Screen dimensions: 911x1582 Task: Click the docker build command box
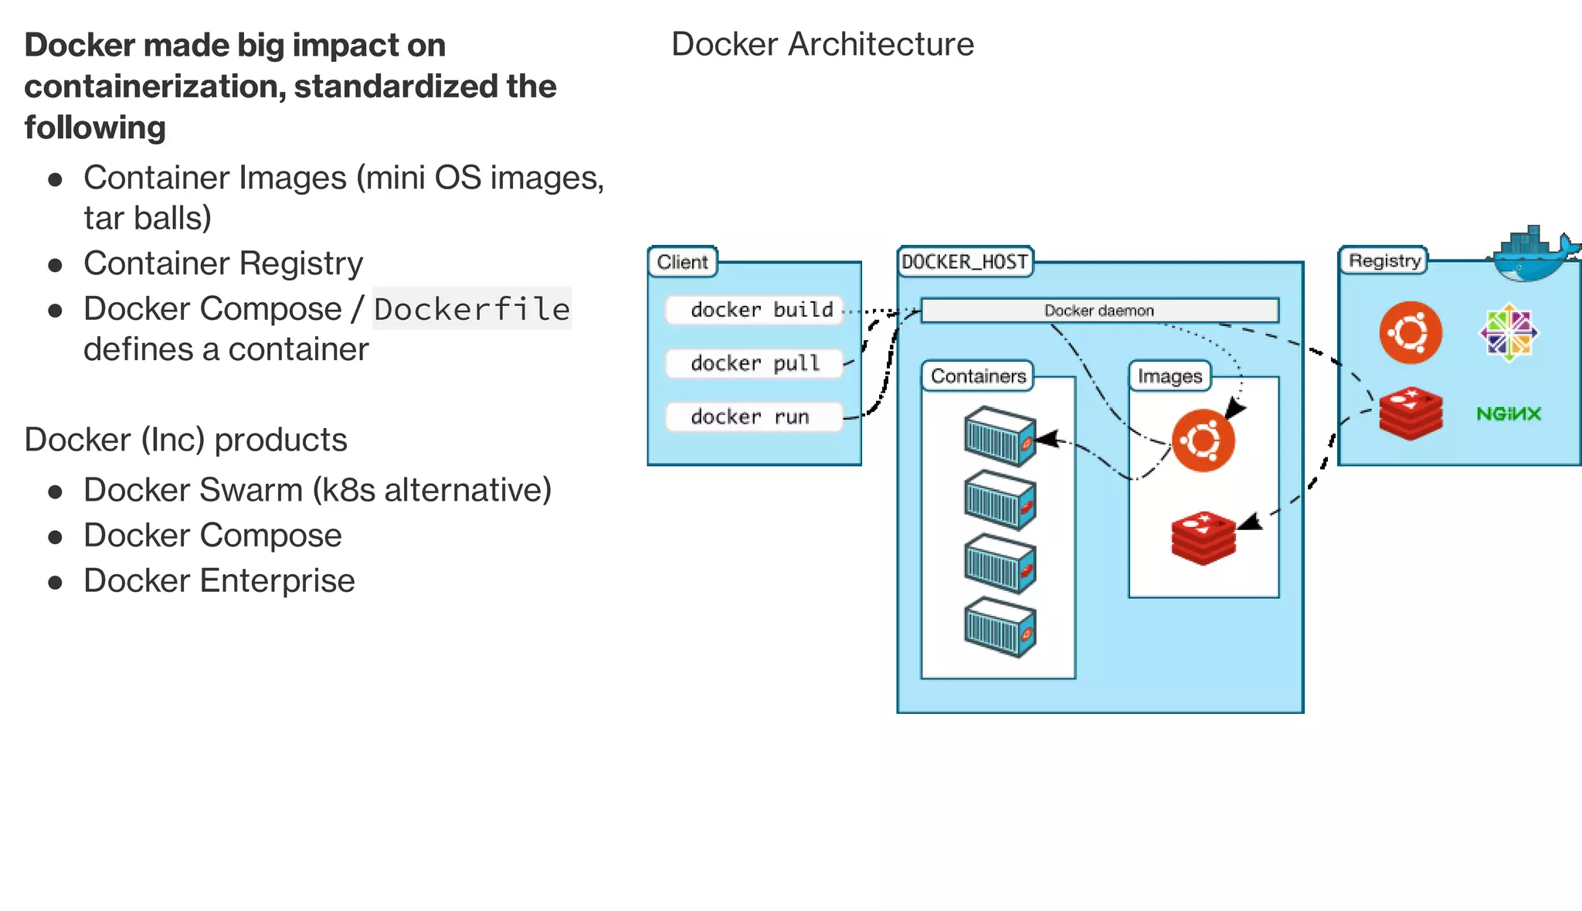754,310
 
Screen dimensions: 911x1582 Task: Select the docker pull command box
754,363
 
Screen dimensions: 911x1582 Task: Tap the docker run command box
754,417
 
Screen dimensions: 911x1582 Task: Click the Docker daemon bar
1099,311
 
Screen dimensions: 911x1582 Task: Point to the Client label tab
682,262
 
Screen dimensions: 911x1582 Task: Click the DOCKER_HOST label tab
965,262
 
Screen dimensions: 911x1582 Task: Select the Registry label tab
1383,260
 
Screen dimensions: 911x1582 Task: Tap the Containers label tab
978,376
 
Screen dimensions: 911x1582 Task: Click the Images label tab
1170,376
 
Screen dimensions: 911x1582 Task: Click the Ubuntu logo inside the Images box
1203,440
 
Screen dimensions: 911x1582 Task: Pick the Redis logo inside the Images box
1203,537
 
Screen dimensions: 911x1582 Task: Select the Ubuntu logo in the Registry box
1411,333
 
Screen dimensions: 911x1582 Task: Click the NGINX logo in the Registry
1508,414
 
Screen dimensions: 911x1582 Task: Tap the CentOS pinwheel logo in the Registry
1509,333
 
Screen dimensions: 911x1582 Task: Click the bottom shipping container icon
1000,627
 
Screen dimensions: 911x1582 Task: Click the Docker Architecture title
822,44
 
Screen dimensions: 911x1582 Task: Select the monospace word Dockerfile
472,309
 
